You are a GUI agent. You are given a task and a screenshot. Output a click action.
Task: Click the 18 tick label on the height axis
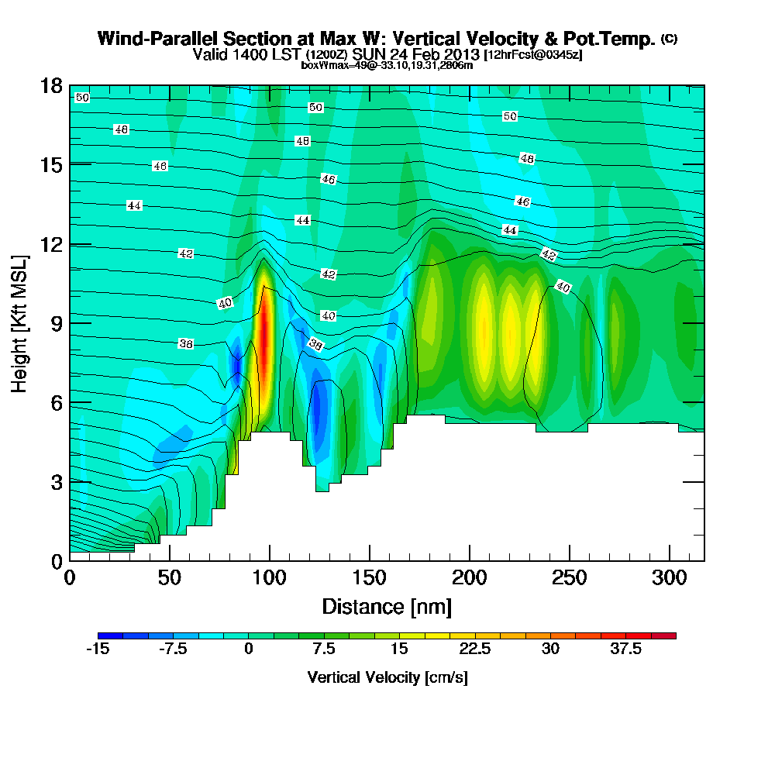click(x=50, y=85)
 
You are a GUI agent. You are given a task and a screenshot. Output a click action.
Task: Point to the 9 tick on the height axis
click(x=70, y=322)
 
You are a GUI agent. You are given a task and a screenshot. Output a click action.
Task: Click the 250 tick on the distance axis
click(x=570, y=560)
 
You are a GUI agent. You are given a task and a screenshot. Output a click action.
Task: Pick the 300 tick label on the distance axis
click(x=670, y=578)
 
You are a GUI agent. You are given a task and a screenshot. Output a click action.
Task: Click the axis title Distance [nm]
click(x=387, y=606)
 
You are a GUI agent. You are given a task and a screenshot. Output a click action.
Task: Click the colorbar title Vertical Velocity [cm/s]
click(x=387, y=677)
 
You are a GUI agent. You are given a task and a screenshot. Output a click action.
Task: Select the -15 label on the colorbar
click(x=98, y=649)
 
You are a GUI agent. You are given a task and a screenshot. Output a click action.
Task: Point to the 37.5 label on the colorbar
click(x=625, y=649)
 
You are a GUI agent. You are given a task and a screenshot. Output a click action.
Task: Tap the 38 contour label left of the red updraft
click(x=186, y=343)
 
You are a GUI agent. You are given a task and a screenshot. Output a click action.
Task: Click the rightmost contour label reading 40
click(x=563, y=288)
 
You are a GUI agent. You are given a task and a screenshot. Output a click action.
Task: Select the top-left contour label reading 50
click(x=82, y=98)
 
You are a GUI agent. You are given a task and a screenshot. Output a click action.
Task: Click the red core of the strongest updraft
click(x=265, y=333)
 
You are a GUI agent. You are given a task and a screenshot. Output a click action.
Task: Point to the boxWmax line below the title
click(x=387, y=65)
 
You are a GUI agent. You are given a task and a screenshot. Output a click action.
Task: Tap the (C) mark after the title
click(x=669, y=38)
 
